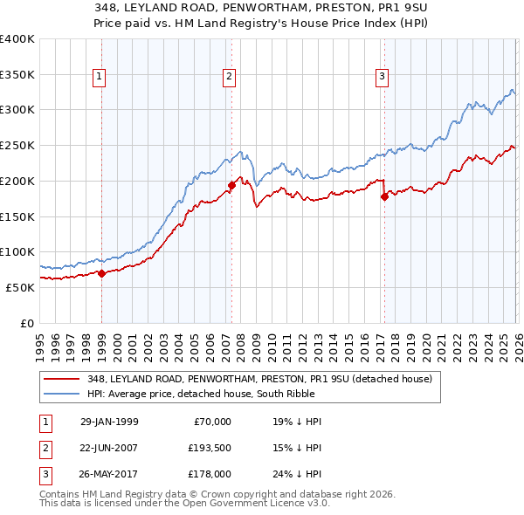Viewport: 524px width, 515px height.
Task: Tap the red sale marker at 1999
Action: (x=101, y=273)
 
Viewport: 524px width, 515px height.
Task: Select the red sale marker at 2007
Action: (x=231, y=185)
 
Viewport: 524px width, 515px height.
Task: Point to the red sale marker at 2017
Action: (x=384, y=196)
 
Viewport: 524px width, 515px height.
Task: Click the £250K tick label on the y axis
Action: (x=17, y=145)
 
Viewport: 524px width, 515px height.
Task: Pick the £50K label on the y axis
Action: (x=21, y=287)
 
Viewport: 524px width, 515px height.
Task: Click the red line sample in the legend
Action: (x=63, y=378)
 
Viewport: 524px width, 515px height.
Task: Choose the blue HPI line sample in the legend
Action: (x=63, y=394)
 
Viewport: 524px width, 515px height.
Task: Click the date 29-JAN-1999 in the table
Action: (x=109, y=422)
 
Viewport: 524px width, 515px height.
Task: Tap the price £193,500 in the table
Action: (x=210, y=448)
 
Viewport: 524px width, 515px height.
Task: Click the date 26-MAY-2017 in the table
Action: (x=109, y=474)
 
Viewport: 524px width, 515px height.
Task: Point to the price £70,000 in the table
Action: (x=212, y=422)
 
